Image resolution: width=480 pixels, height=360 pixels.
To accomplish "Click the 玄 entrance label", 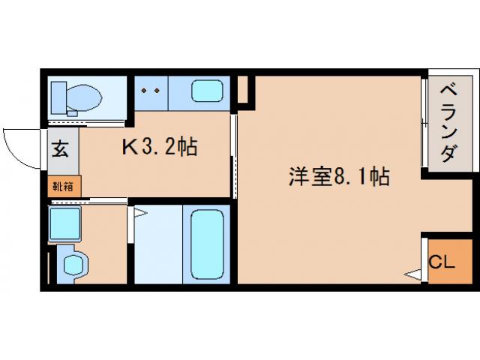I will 60,148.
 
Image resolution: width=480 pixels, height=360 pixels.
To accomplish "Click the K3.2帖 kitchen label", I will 160,147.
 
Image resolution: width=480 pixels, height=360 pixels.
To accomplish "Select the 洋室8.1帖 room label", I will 339,177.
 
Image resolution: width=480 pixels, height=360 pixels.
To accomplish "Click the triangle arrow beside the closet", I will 412,274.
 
